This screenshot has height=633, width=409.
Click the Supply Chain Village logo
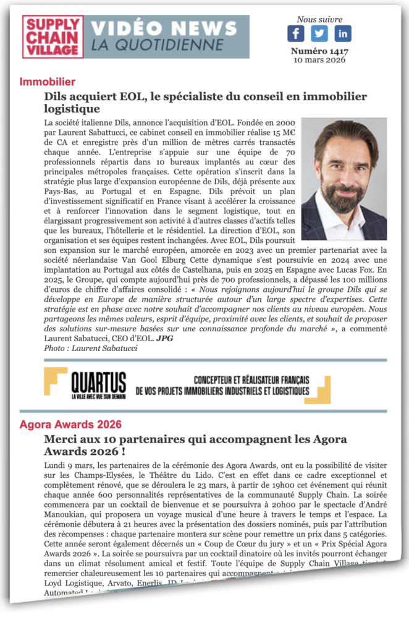53,37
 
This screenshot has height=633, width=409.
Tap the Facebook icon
296,33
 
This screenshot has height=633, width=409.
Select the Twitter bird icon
319,33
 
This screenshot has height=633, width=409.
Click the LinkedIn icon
342,33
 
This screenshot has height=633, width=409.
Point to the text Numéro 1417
319,51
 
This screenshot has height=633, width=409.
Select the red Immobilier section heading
48,82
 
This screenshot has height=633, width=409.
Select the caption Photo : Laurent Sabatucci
90,349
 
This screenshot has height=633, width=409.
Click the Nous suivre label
319,19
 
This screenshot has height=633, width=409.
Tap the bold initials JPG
164,339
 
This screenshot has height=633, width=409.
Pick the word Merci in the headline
62,440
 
